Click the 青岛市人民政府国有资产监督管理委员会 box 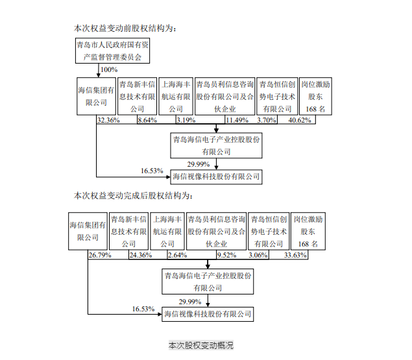112,51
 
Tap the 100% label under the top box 110,70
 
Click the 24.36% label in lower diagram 140,256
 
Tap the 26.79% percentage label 99,256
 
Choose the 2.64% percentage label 177,256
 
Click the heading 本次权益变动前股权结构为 125,28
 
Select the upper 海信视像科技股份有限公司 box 215,175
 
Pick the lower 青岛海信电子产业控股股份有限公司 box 207,281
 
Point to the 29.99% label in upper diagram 199,163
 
